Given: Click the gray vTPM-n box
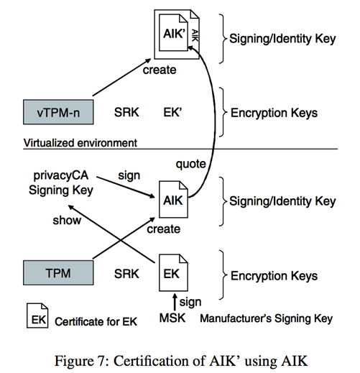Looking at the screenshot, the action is pyautogui.click(x=58, y=112).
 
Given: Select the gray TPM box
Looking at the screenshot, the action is pyautogui.click(x=58, y=272).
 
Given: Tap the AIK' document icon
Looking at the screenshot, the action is pyautogui.click(x=173, y=32).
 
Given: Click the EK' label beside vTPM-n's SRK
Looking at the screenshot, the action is pyautogui.click(x=172, y=112).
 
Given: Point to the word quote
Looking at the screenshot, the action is pyautogui.click(x=190, y=165).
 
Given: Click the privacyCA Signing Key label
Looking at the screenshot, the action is pyautogui.click(x=61, y=183).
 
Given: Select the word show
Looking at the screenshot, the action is pyautogui.click(x=67, y=220).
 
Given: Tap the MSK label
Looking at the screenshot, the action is pyautogui.click(x=172, y=318).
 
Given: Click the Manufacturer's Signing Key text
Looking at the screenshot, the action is pyautogui.click(x=267, y=318).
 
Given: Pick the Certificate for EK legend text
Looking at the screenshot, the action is pyautogui.click(x=96, y=322).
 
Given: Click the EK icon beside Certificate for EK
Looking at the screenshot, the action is pyautogui.click(x=37, y=316).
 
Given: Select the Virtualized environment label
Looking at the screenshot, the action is pyautogui.click(x=80, y=143).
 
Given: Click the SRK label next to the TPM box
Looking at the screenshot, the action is pyautogui.click(x=126, y=274).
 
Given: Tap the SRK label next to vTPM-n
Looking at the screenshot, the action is pyautogui.click(x=126, y=112).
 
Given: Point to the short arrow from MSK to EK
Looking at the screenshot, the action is pyautogui.click(x=175, y=302).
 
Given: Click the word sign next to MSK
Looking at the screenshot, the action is pyautogui.click(x=190, y=303).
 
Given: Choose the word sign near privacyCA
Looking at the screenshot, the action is pyautogui.click(x=129, y=176).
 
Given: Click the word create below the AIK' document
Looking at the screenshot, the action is pyautogui.click(x=160, y=70).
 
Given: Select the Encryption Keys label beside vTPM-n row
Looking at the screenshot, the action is pyautogui.click(x=274, y=113).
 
